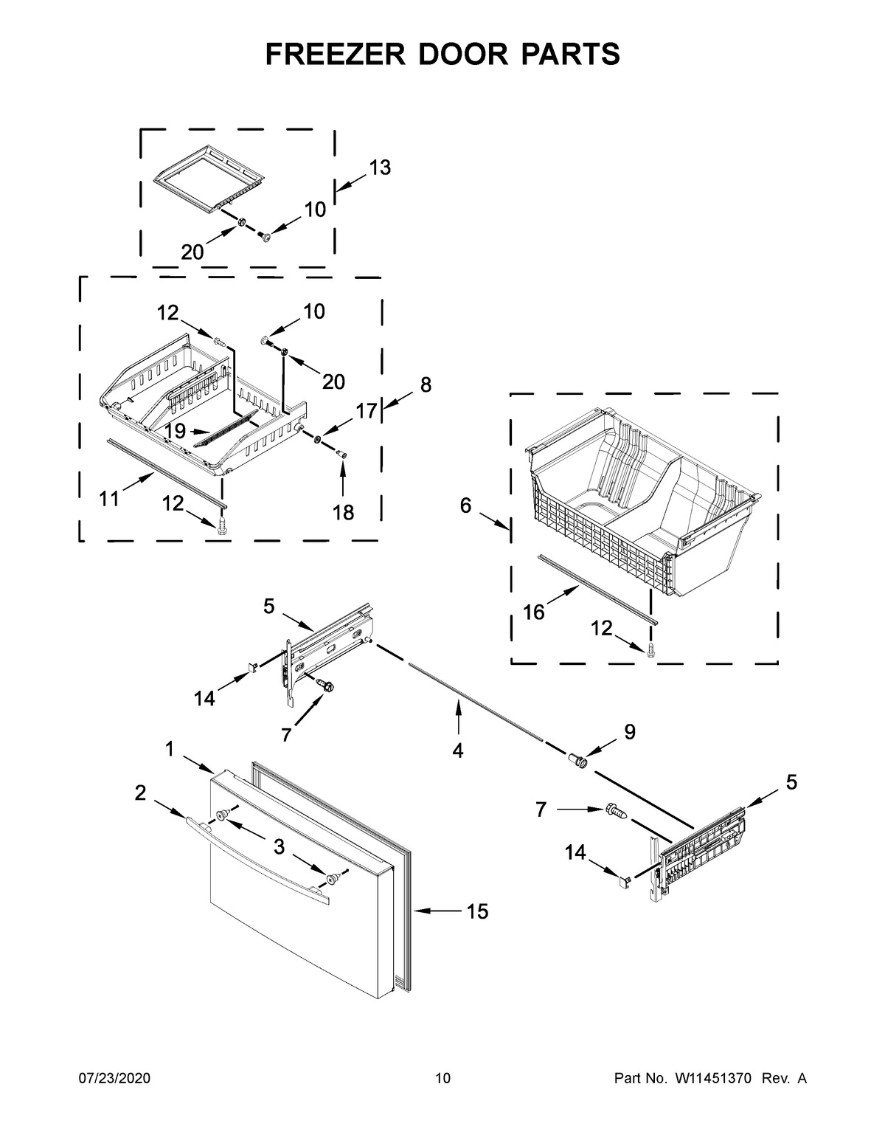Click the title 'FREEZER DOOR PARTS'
click(x=442, y=54)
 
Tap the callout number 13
click(x=379, y=168)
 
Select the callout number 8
click(x=426, y=384)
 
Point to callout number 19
click(x=174, y=431)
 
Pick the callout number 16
click(x=533, y=612)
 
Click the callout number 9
click(x=629, y=731)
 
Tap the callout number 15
click(x=477, y=912)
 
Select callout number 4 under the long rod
click(x=458, y=750)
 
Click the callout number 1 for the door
click(x=169, y=749)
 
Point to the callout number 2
click(x=140, y=793)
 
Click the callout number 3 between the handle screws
click(x=279, y=847)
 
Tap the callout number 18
click(x=343, y=511)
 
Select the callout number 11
click(x=109, y=500)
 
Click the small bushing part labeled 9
click(x=577, y=760)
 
